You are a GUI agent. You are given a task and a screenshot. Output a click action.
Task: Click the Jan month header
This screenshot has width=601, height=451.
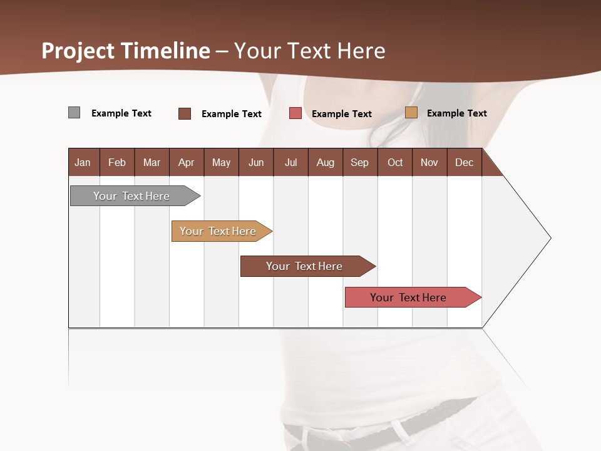point(83,162)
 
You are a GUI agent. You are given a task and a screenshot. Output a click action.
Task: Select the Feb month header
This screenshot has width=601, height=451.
point(117,162)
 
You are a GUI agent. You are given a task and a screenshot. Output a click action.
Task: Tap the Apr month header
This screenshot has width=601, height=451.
point(187,162)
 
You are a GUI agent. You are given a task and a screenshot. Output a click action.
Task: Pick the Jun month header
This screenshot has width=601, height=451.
point(256,162)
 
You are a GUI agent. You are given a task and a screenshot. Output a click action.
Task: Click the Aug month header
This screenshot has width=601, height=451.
point(326,162)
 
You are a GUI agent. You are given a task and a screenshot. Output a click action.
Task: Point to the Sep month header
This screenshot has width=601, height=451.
point(360,162)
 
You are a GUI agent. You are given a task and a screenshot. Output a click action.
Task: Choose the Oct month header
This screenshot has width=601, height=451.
point(395,162)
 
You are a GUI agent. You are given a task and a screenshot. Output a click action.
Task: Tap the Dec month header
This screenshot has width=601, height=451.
point(465,162)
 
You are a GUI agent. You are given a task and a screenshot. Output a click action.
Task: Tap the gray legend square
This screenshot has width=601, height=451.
point(74,113)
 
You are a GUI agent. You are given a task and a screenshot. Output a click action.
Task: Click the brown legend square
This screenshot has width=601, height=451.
point(185,113)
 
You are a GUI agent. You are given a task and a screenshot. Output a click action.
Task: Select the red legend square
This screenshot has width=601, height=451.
point(295,113)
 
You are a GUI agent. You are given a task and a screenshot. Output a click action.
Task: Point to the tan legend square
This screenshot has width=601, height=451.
point(411,113)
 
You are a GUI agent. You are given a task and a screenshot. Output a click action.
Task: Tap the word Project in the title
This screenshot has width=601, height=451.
point(78,51)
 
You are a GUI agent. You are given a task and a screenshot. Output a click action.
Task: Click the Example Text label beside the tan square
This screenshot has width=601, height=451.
point(456,113)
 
